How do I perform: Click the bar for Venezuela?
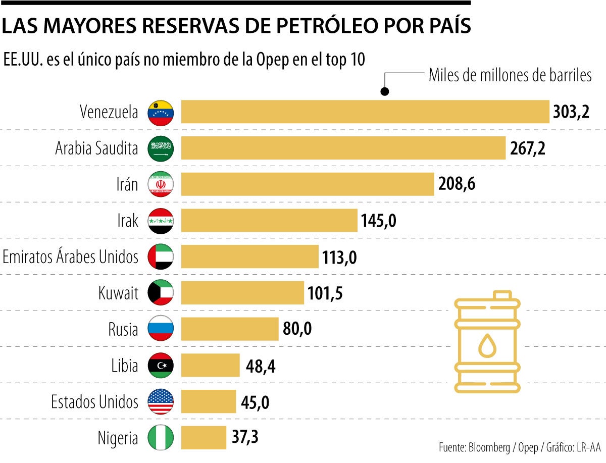click(x=365, y=112)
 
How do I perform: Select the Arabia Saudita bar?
click(x=343, y=148)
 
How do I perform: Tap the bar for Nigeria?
click(x=204, y=437)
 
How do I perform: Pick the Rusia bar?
click(x=229, y=329)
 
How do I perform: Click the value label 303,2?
click(x=571, y=112)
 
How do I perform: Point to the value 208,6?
click(x=457, y=184)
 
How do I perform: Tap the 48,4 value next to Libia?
click(x=261, y=366)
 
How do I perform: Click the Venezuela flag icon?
click(x=161, y=112)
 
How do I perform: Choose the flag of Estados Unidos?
click(x=161, y=402)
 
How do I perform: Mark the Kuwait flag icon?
click(x=161, y=293)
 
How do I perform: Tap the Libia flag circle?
click(x=161, y=366)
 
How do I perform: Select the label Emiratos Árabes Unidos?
click(x=70, y=256)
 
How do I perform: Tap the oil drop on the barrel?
click(x=487, y=345)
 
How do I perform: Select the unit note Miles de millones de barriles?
click(x=510, y=75)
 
